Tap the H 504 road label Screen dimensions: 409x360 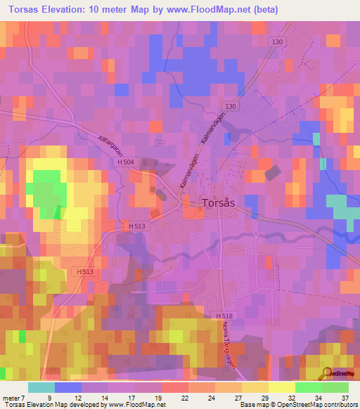tap(127, 162)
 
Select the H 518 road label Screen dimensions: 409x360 tap(224, 316)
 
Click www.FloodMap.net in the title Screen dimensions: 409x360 tap(214, 10)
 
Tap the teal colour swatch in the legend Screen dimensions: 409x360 tap(41, 387)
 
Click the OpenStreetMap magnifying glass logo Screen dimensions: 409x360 tap(327, 372)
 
